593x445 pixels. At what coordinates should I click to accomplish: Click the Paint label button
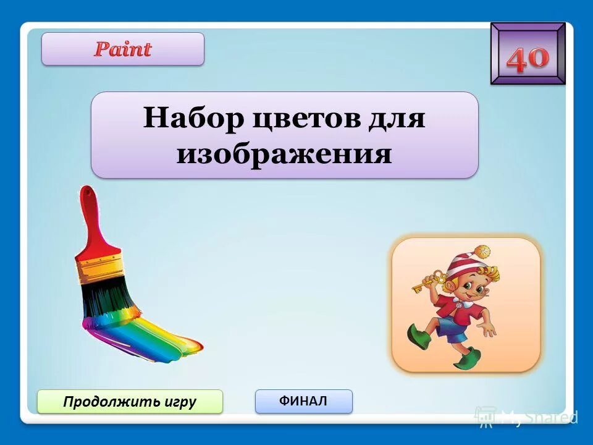pos(122,49)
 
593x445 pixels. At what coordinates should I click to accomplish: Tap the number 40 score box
pos(528,54)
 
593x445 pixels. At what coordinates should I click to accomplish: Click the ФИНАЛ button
pos(303,401)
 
